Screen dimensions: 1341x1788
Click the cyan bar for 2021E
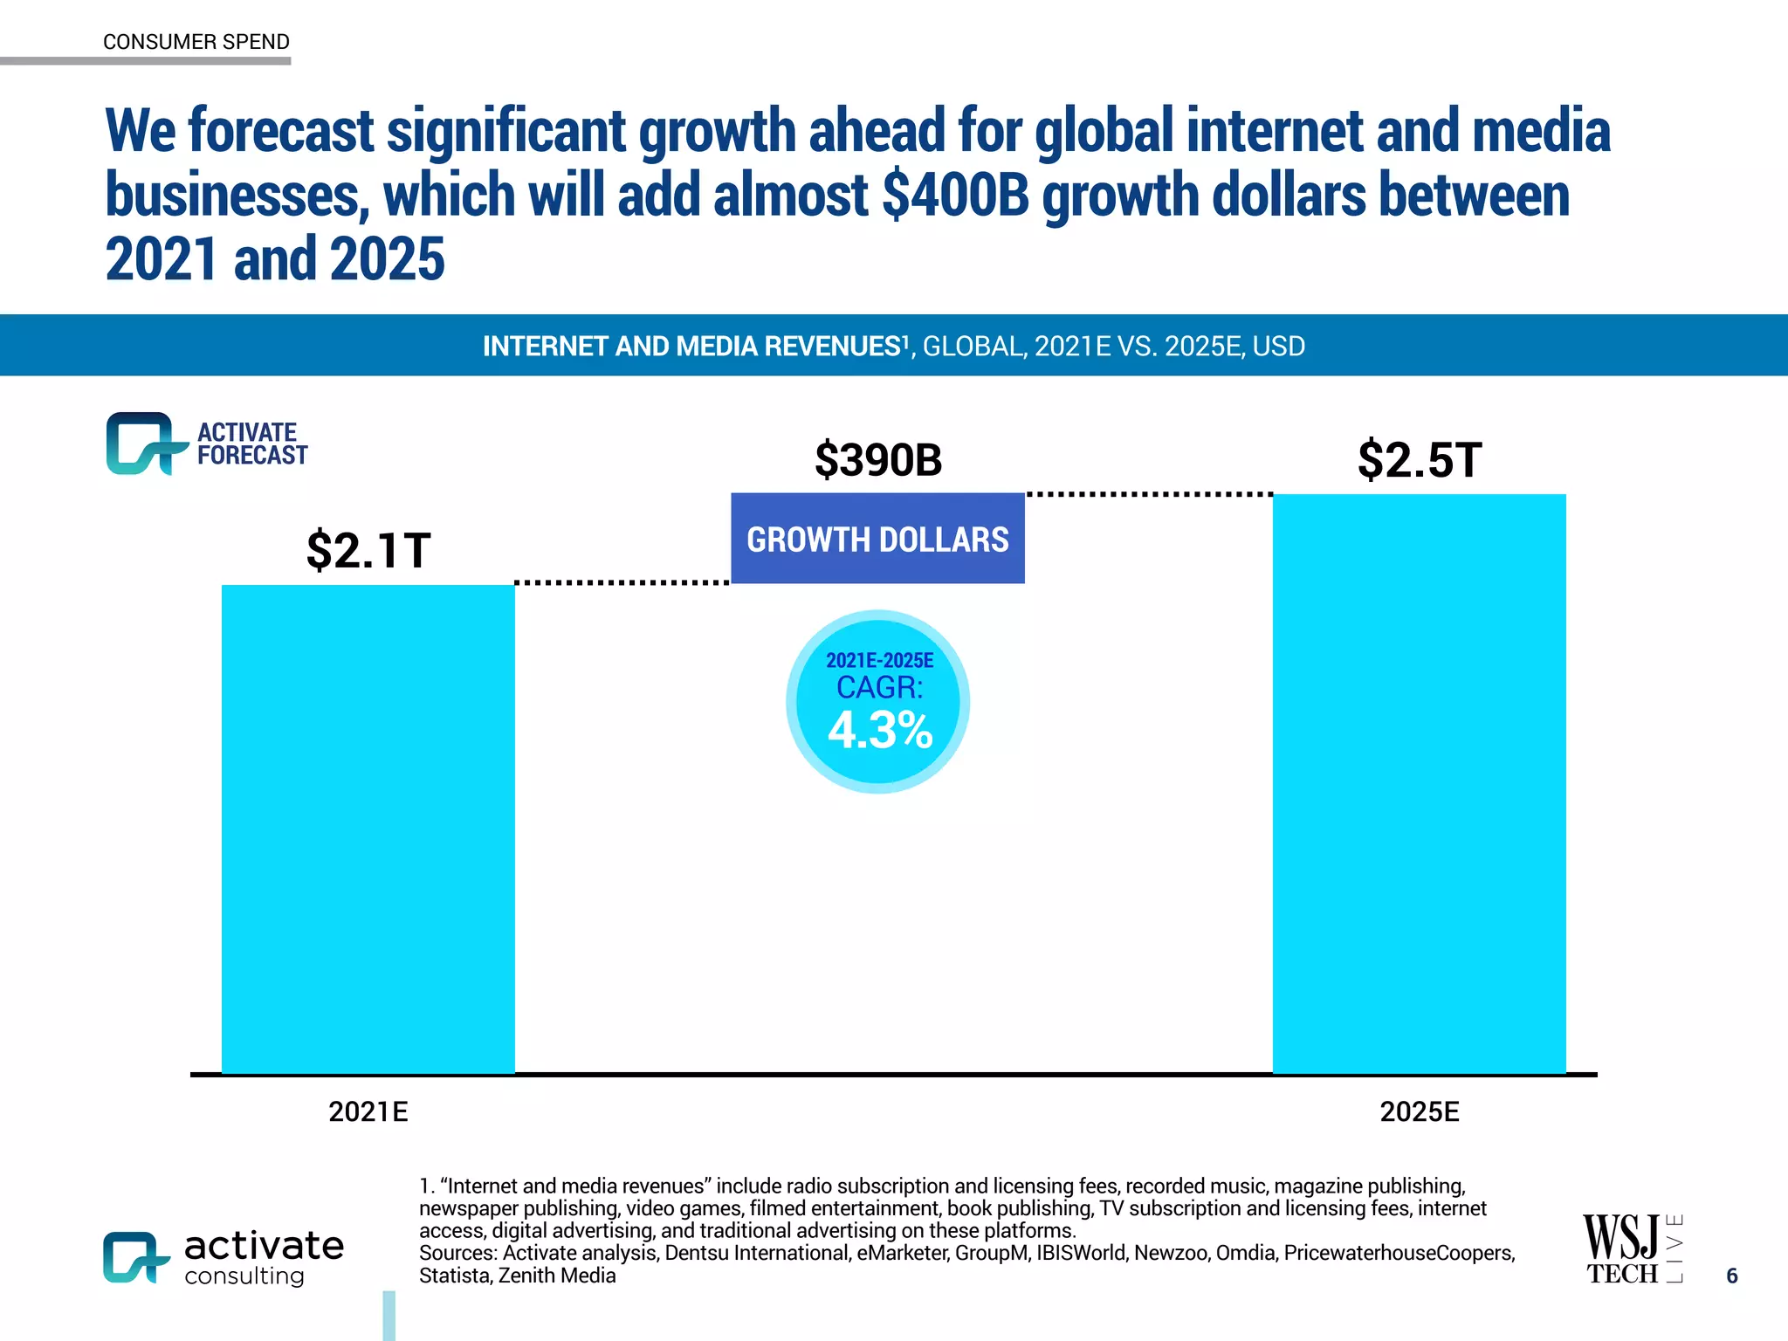(368, 829)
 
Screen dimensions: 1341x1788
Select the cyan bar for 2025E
(1419, 786)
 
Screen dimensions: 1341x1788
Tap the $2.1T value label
(368, 550)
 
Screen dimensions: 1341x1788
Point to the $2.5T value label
(1420, 460)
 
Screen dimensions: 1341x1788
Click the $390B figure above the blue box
(878, 460)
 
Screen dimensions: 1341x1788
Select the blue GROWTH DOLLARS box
(877, 539)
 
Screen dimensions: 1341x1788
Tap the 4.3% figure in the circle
(880, 731)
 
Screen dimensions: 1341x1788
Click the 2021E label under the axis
(368, 1111)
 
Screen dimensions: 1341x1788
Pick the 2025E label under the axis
(1419, 1111)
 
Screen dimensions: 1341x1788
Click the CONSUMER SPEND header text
(196, 42)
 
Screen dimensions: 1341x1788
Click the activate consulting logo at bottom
(223, 1257)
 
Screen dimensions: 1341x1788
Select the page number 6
(1731, 1276)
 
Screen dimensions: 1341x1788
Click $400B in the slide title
(955, 195)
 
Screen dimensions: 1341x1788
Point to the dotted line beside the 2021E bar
(622, 582)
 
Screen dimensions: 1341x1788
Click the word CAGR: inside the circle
(879, 688)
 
